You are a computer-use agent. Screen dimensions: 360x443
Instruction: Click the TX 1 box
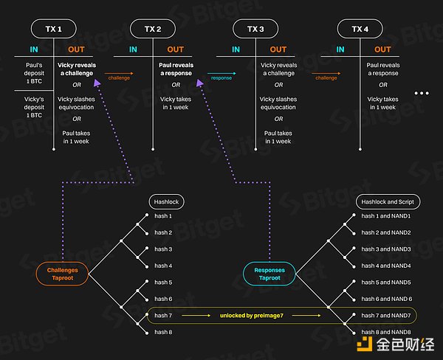coord(55,29)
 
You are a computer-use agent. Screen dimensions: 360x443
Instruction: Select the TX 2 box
coord(153,29)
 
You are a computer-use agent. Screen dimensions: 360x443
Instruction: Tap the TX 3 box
coord(256,29)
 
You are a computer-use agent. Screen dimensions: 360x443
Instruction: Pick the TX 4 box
coord(360,29)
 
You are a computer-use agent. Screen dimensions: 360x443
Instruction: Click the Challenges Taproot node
coord(63,274)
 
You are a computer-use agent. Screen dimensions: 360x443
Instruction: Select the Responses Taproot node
coord(269,274)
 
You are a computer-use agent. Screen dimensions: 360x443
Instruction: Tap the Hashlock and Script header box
coord(385,200)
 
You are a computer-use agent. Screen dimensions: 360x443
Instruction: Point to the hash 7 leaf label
coord(163,316)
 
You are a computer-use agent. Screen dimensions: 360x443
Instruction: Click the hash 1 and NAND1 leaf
coord(385,216)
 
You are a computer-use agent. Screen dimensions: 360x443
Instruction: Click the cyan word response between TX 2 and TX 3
coord(221,77)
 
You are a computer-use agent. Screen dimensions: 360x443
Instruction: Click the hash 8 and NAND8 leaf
coord(385,333)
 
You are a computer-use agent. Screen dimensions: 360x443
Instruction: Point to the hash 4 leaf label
coord(163,266)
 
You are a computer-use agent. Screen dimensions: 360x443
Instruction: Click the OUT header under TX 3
coord(278,50)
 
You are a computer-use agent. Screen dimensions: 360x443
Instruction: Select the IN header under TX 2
coord(133,50)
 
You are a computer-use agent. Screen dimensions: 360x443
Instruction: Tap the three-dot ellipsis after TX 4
coord(422,94)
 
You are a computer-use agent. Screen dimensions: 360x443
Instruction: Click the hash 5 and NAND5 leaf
coord(385,283)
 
